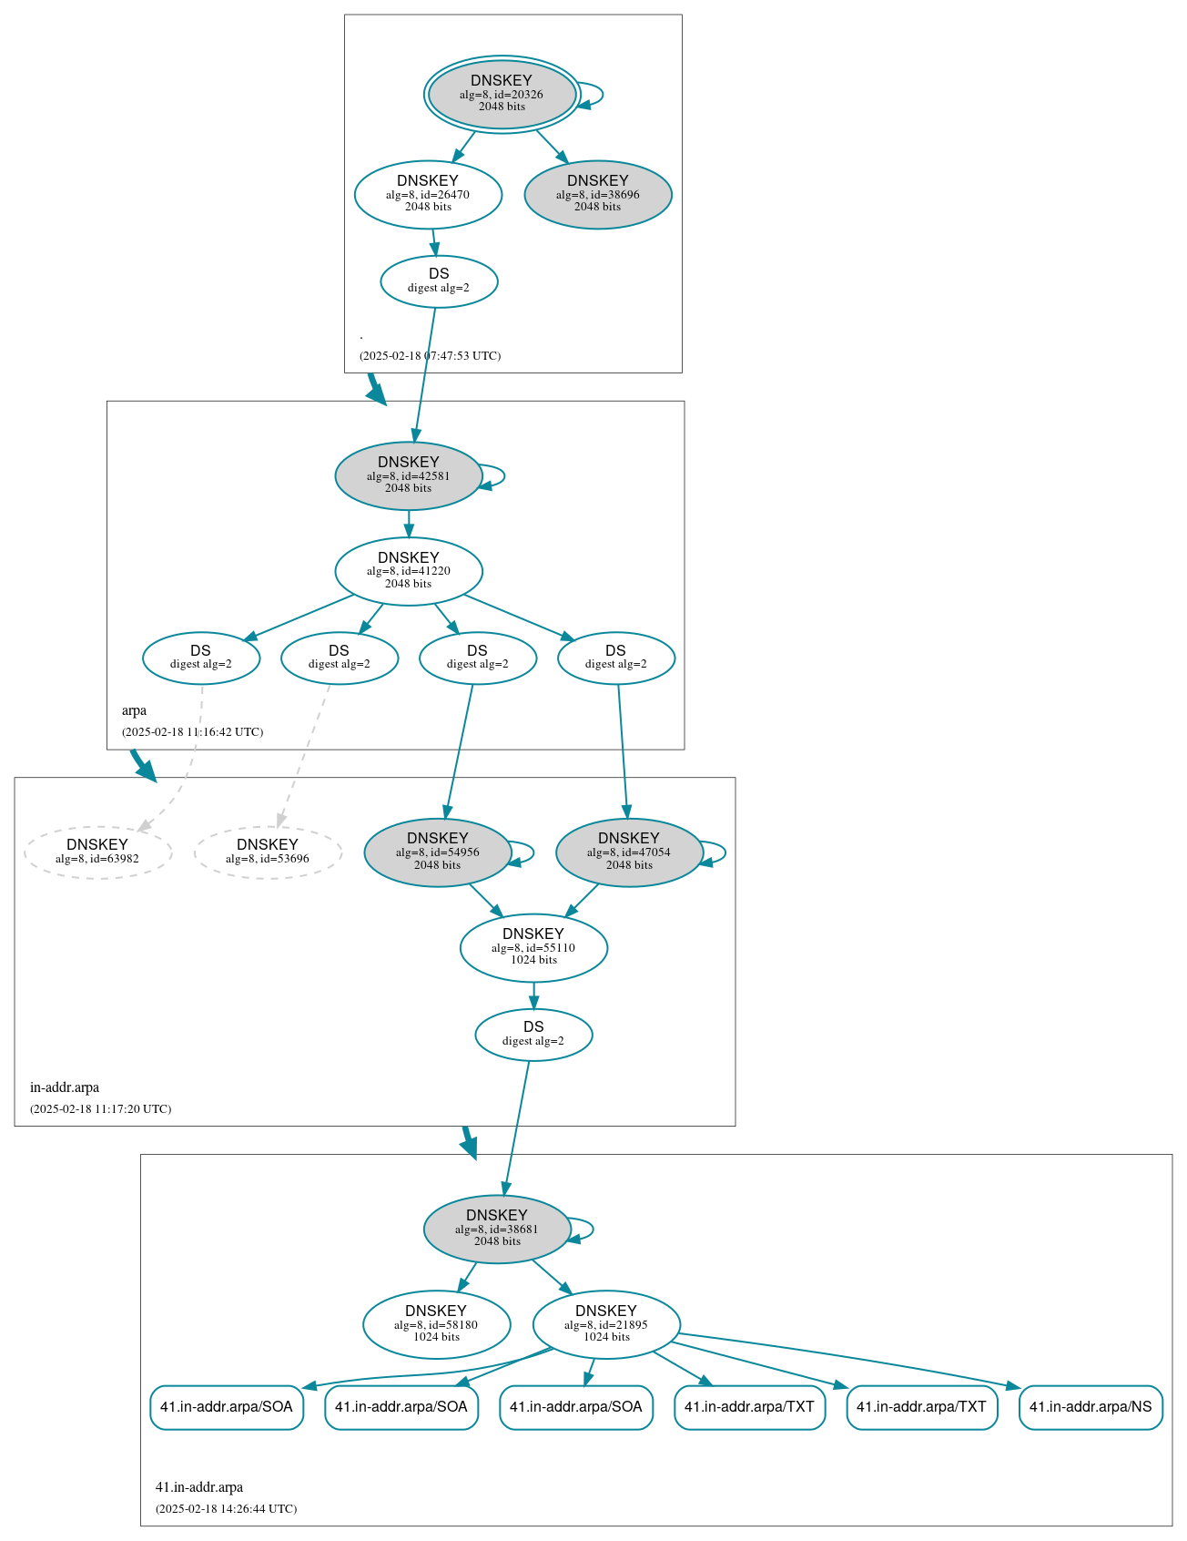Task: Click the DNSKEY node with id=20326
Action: point(502,94)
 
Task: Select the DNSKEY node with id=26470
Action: point(428,194)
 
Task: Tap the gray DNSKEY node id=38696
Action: point(598,194)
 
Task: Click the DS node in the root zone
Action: point(439,281)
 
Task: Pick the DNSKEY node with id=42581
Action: point(409,475)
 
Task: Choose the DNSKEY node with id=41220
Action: point(409,571)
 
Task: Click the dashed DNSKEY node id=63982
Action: point(97,852)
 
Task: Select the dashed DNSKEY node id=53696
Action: point(268,852)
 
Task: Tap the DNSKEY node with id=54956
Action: point(438,852)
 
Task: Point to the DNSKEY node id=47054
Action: point(629,852)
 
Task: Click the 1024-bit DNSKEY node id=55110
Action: point(533,948)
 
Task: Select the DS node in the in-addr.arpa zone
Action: point(533,1035)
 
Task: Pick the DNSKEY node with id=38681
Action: point(497,1230)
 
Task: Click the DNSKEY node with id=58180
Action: point(436,1324)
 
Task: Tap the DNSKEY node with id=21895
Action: point(606,1324)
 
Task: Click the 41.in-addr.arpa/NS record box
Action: point(1091,1407)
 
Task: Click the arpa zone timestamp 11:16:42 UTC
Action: point(193,732)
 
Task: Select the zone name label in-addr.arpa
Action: point(65,1087)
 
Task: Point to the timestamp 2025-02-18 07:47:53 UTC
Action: point(430,356)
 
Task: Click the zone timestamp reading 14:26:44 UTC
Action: point(226,1509)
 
